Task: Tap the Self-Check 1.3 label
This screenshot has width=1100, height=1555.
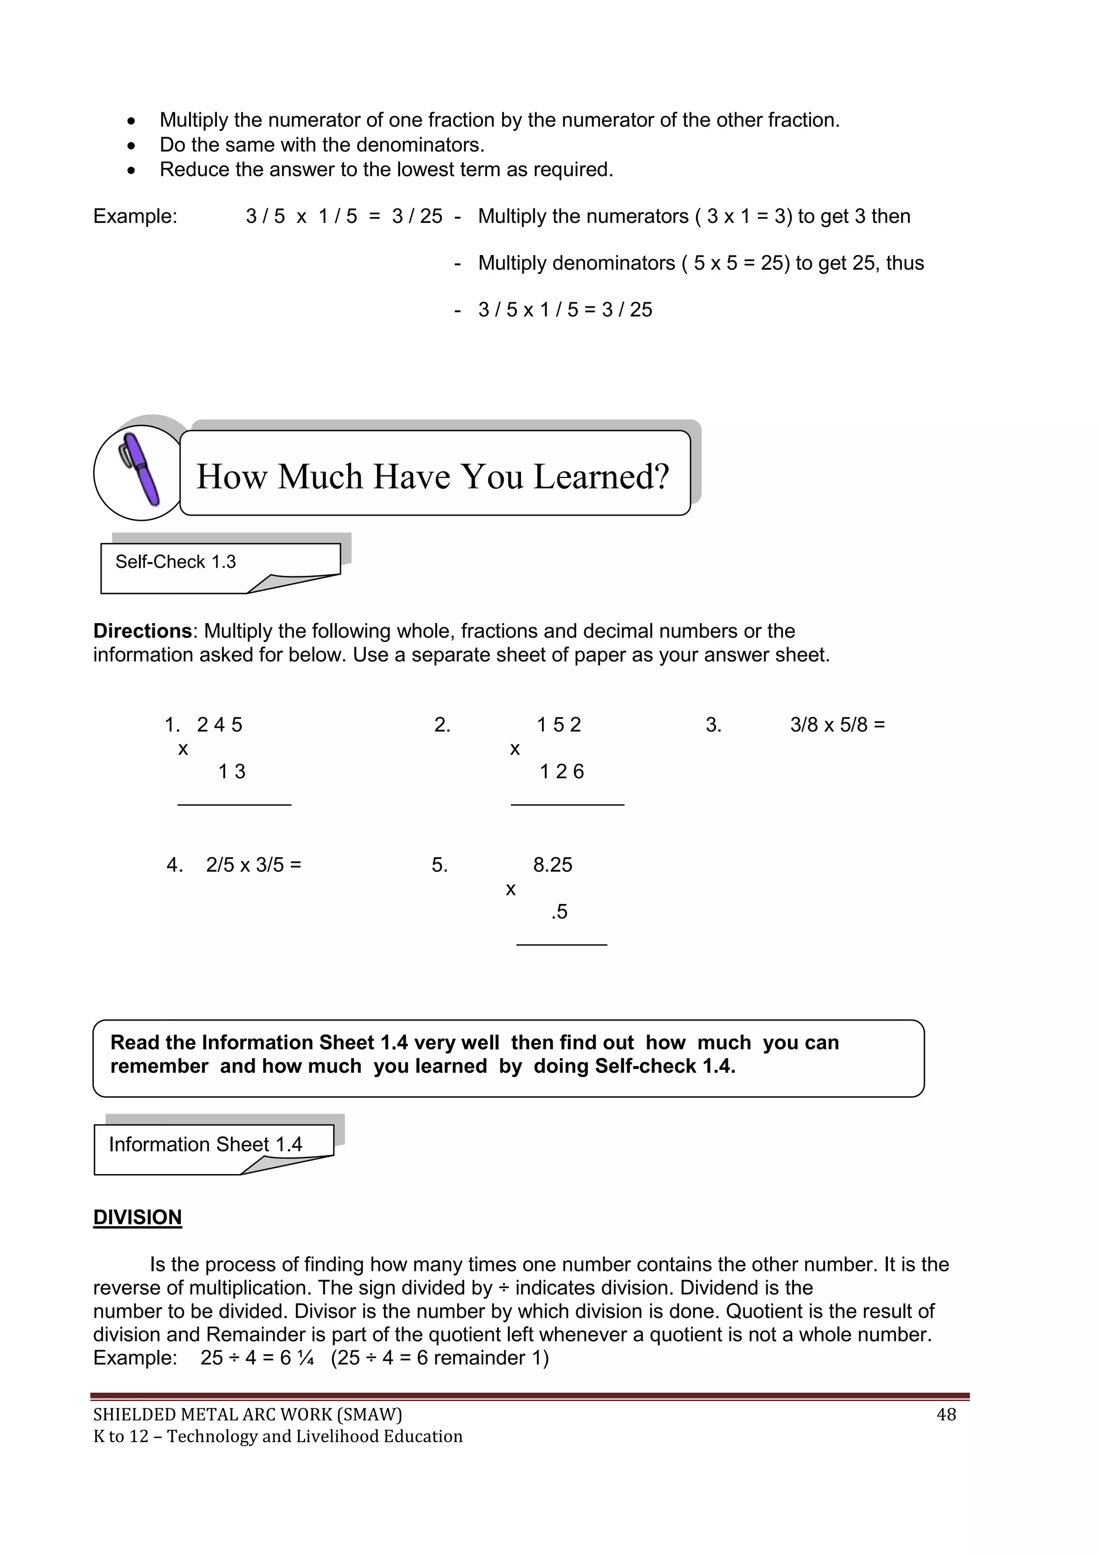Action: pos(176,561)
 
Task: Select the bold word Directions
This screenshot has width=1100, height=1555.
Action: pos(142,631)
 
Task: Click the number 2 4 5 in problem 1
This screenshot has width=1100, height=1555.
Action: pos(220,725)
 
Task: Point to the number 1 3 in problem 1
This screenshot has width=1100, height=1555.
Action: pos(231,771)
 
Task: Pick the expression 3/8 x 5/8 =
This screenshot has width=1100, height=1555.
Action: pos(837,725)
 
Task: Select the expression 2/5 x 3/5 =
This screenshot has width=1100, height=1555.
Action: pos(254,865)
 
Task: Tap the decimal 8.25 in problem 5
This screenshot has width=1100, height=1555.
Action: pos(553,865)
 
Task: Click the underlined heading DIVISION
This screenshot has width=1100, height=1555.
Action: pos(137,1217)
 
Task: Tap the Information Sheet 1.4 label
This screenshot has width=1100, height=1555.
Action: pos(205,1144)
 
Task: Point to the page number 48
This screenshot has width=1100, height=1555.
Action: pos(945,1415)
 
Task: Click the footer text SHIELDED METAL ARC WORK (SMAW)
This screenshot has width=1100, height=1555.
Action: pos(247,1415)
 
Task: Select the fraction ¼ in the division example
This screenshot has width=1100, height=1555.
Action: pos(306,1358)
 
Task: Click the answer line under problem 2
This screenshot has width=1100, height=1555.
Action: pos(567,805)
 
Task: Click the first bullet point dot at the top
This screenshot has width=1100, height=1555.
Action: pos(132,121)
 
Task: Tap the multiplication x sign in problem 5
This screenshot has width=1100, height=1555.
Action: pos(511,889)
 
